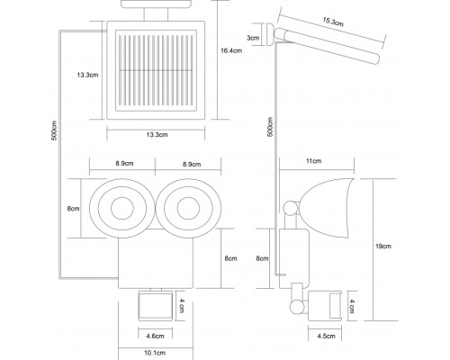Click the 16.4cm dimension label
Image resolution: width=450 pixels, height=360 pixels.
pyautogui.click(x=231, y=50)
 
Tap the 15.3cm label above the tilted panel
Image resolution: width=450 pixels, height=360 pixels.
pyautogui.click(x=333, y=22)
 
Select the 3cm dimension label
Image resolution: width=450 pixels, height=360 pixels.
pyautogui.click(x=253, y=38)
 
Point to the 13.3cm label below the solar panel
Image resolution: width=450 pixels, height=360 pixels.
pyautogui.click(x=157, y=135)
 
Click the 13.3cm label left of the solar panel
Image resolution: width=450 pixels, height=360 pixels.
pyautogui.click(x=87, y=75)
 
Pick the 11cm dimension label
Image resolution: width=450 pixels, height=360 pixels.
pyautogui.click(x=313, y=161)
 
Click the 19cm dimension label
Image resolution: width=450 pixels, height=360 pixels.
pyautogui.click(x=383, y=247)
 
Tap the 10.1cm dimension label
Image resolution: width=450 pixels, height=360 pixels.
pyautogui.click(x=155, y=353)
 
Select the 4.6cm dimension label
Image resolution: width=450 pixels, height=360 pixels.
pyautogui.click(x=156, y=336)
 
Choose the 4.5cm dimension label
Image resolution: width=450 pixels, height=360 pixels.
pyautogui.click(x=326, y=336)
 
